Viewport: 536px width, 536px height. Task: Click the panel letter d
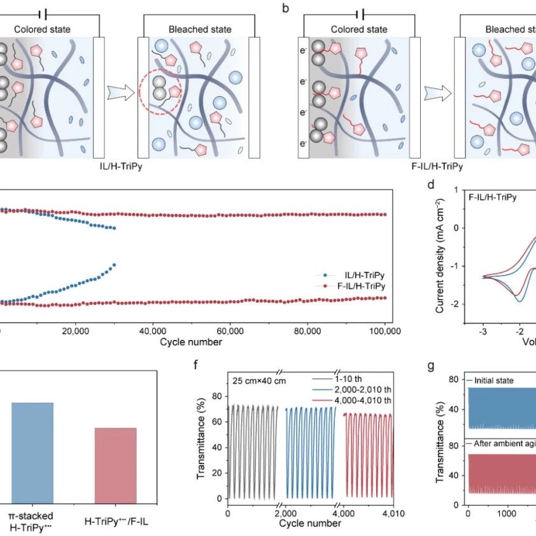point(431,185)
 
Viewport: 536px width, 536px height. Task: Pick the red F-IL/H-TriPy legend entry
point(356,286)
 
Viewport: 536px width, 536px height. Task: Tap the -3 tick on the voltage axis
point(483,331)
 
